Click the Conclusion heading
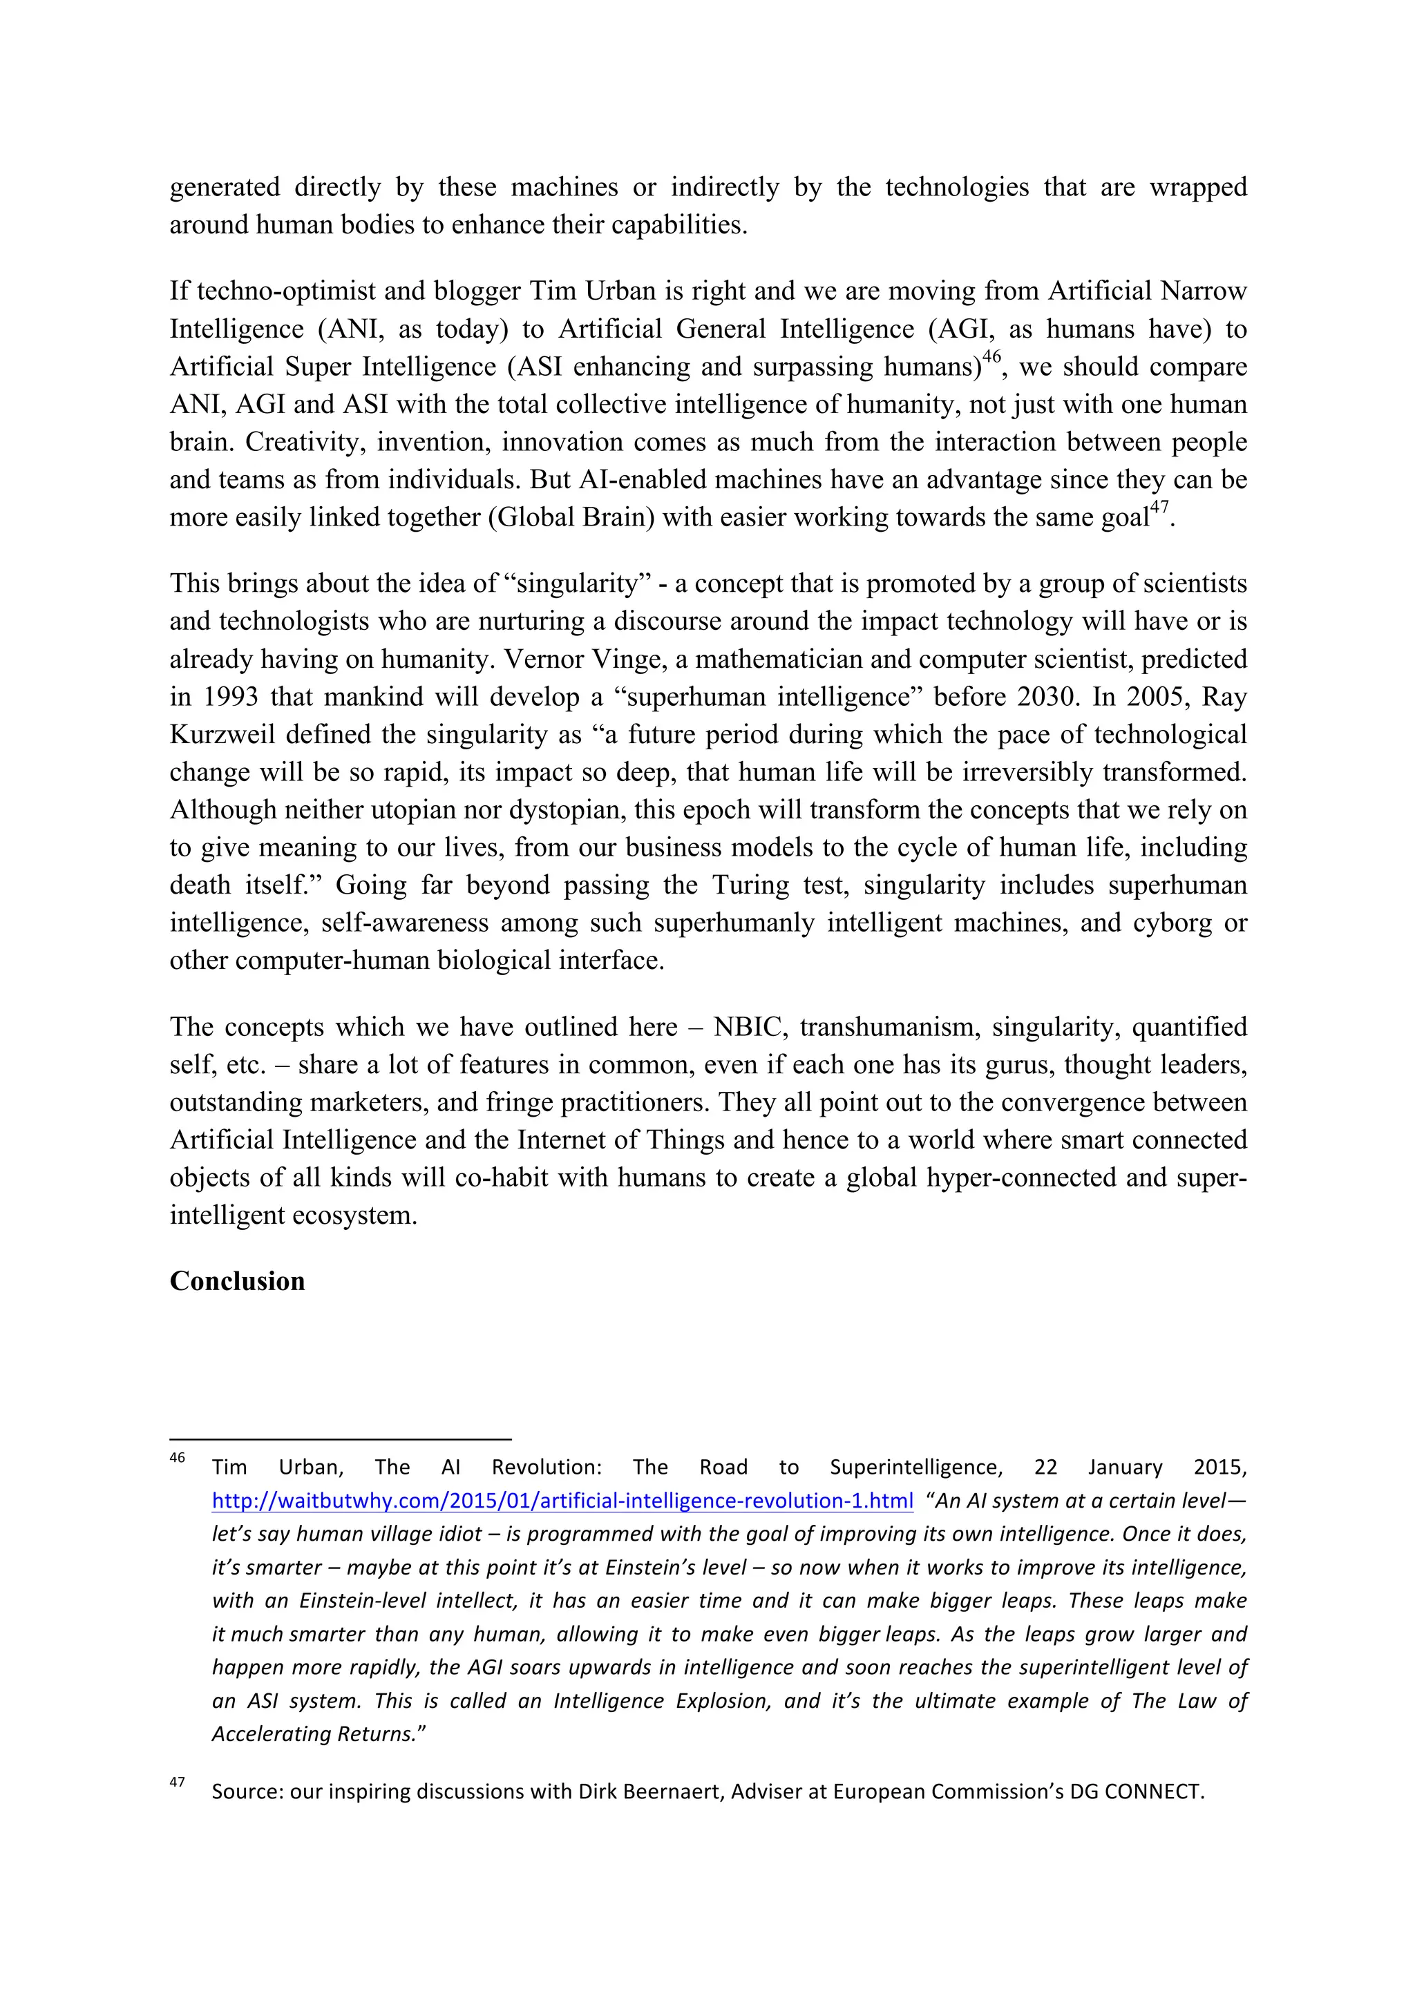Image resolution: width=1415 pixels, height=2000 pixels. click(x=237, y=1281)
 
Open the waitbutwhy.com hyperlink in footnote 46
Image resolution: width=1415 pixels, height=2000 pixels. click(x=562, y=1501)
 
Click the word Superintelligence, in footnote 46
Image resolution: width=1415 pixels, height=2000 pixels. click(x=915, y=1467)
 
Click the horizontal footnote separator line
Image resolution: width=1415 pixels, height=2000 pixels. click(x=340, y=1440)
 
